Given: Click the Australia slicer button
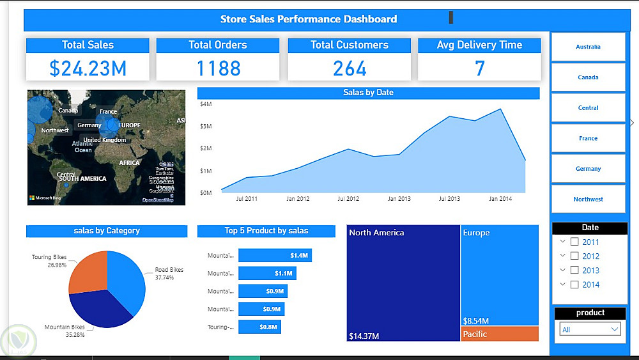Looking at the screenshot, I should point(588,47).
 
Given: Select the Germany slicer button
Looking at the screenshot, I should point(588,169).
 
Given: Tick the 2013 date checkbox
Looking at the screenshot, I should point(574,270).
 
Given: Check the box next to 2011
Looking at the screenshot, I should point(574,242).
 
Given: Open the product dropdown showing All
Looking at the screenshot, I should point(590,329).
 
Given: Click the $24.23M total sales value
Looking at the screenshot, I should point(88,68).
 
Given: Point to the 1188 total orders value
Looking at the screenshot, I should point(218,68).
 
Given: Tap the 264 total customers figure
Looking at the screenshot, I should point(350,68).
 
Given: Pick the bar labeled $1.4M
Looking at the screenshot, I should point(275,256).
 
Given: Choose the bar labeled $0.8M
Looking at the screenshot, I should point(259,327).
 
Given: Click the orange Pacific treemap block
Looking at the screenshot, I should point(500,334).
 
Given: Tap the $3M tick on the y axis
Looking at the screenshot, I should point(206,126).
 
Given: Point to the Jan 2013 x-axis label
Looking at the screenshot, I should point(399,199).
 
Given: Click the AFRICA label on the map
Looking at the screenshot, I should point(129,163).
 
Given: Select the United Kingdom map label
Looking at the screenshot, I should point(105,140).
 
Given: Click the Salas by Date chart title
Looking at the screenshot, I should point(368,93).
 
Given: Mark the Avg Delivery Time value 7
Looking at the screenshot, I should point(479,68).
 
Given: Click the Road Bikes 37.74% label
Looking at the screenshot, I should point(169,274).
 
